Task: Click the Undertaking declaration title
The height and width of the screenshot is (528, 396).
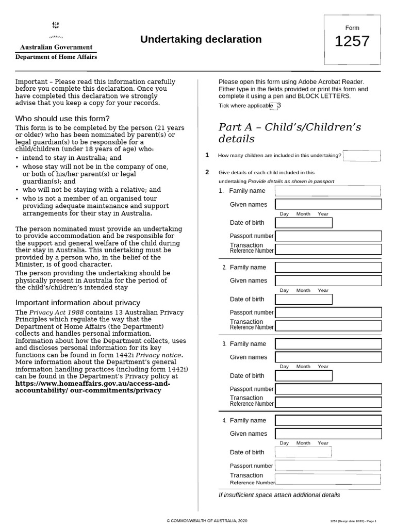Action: [201, 40]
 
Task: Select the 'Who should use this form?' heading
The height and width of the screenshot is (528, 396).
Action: [62, 119]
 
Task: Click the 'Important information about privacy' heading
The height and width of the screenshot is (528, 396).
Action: [78, 303]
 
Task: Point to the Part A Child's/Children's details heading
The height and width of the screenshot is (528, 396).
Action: [290, 133]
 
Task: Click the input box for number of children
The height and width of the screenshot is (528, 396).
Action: [361, 156]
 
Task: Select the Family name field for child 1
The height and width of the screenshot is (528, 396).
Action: [328, 191]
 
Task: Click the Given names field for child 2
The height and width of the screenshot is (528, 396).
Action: [328, 280]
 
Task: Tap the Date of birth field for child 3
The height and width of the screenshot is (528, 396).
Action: [303, 376]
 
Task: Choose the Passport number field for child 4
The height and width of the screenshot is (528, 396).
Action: [328, 466]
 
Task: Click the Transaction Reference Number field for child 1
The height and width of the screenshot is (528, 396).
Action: [328, 250]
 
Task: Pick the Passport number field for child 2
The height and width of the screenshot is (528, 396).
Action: [328, 312]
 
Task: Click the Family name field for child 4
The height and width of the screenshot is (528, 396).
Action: [328, 420]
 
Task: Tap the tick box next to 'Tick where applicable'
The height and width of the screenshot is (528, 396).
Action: [273, 106]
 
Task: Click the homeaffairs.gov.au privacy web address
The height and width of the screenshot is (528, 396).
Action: [93, 387]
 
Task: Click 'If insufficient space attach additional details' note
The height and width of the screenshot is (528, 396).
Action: [279, 495]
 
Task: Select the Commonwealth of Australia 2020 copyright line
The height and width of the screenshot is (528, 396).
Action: [200, 521]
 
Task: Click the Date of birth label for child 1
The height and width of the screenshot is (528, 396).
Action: [247, 223]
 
